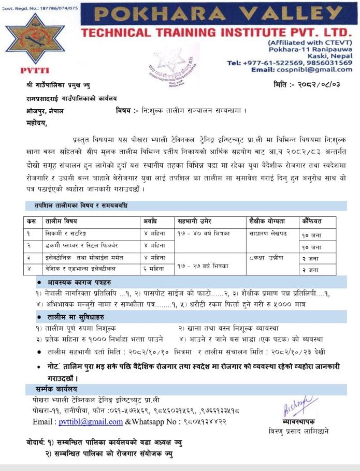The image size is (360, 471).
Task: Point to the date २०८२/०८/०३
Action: [321, 84]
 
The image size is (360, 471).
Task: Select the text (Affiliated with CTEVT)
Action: [310, 42]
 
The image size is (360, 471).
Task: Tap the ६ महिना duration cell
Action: [154, 269]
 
